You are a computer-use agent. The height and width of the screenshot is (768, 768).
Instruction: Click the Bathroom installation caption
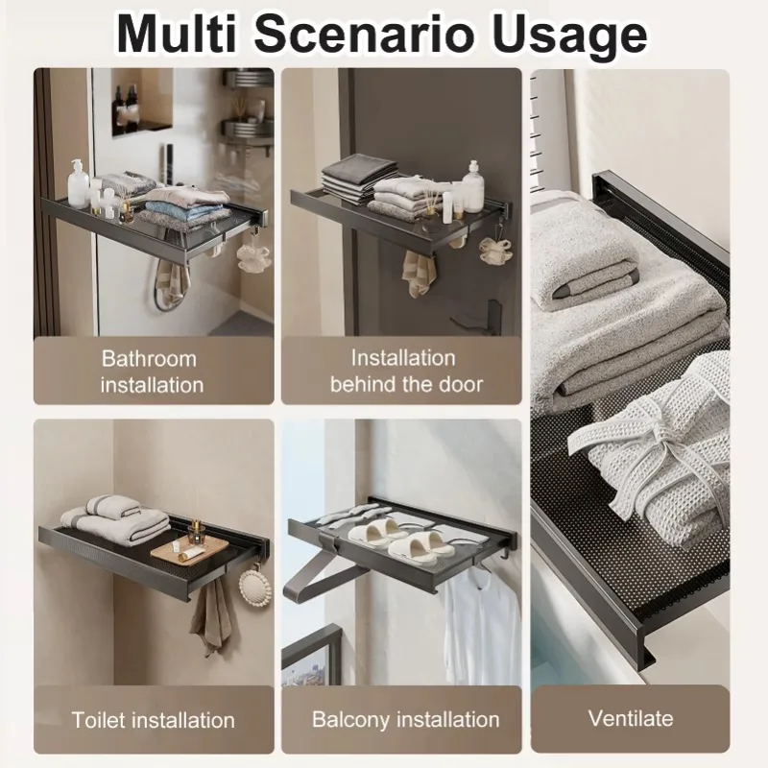[153, 372]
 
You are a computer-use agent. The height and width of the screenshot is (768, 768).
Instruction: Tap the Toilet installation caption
[153, 719]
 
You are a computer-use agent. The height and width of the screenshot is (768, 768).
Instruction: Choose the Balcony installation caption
[405, 719]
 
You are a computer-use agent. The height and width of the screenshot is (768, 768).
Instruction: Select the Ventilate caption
[631, 718]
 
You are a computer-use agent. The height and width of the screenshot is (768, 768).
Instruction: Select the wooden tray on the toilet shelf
[190, 548]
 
